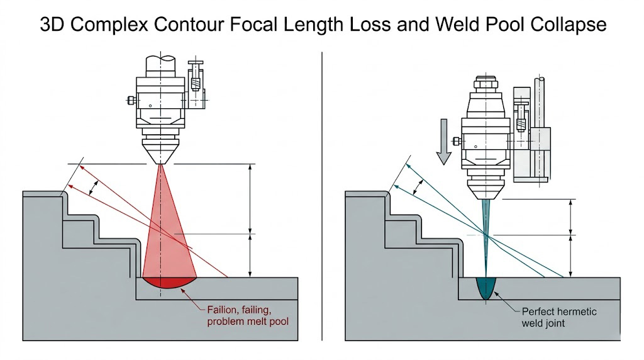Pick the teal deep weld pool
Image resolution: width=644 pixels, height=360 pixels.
486,290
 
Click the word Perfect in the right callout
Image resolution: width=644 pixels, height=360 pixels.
539,312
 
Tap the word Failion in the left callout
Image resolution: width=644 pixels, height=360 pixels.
223,310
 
